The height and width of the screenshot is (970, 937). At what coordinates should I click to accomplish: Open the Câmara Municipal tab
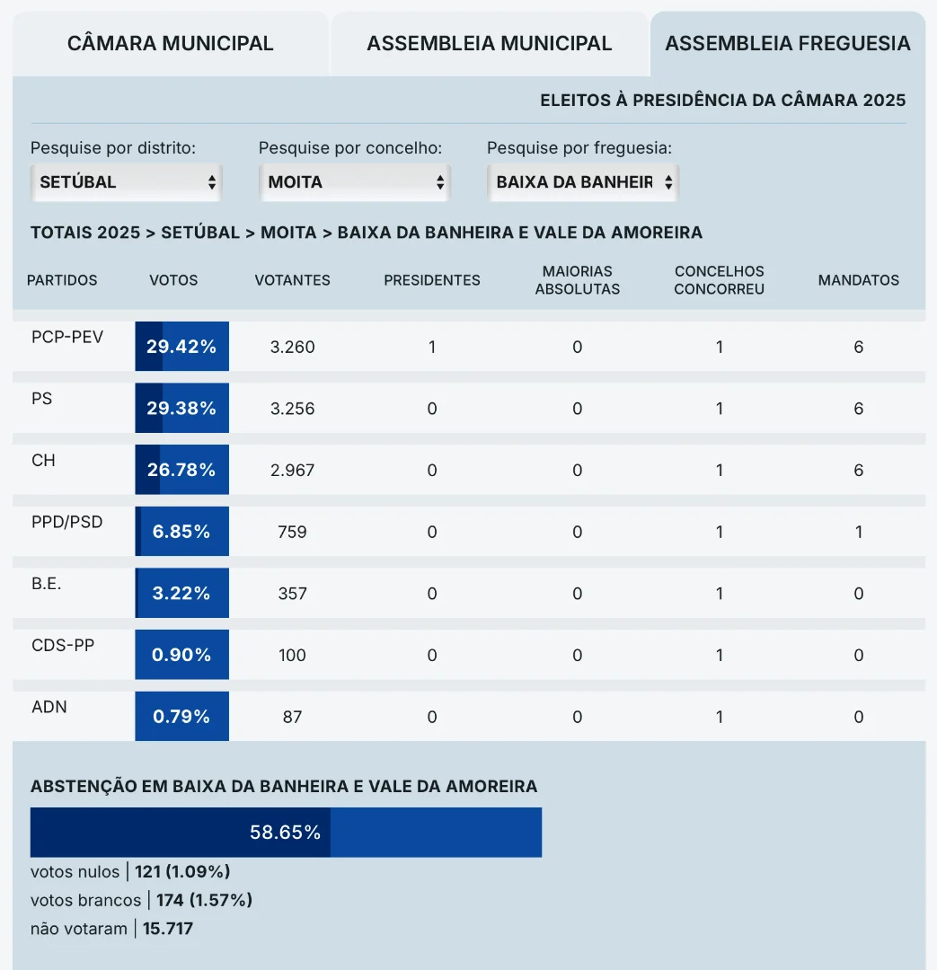[x=171, y=43]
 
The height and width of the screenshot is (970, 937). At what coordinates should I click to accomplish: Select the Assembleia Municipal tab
[x=490, y=43]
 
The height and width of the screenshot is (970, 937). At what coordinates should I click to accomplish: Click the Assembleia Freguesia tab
[x=788, y=43]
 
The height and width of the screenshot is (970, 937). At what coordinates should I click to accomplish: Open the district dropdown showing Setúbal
[x=126, y=182]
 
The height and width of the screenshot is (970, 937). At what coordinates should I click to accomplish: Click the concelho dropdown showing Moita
[x=354, y=182]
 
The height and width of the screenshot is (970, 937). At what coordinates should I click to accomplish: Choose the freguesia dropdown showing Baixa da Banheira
[x=582, y=182]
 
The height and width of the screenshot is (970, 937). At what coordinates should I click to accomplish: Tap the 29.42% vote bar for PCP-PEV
[x=182, y=347]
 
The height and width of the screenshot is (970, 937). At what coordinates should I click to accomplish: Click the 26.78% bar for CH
[x=182, y=470]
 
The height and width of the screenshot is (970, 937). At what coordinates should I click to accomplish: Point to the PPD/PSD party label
[x=67, y=522]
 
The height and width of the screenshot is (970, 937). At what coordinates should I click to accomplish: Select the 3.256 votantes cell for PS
[x=293, y=409]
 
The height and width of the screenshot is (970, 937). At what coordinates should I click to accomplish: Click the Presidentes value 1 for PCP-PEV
[x=432, y=347]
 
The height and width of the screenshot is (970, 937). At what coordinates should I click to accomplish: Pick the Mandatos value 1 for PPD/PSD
[x=859, y=532]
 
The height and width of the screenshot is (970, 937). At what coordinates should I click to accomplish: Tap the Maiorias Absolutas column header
[x=578, y=280]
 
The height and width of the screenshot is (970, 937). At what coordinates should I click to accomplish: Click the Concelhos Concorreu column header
[x=720, y=280]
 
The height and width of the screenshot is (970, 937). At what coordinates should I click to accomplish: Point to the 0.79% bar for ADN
[x=182, y=717]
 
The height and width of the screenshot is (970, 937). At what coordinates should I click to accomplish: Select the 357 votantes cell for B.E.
[x=293, y=594]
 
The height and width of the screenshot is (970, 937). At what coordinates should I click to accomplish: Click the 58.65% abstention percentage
[x=286, y=833]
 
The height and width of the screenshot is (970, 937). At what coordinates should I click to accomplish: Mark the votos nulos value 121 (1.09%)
[x=182, y=871]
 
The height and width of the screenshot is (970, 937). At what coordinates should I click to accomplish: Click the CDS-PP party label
[x=63, y=645]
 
